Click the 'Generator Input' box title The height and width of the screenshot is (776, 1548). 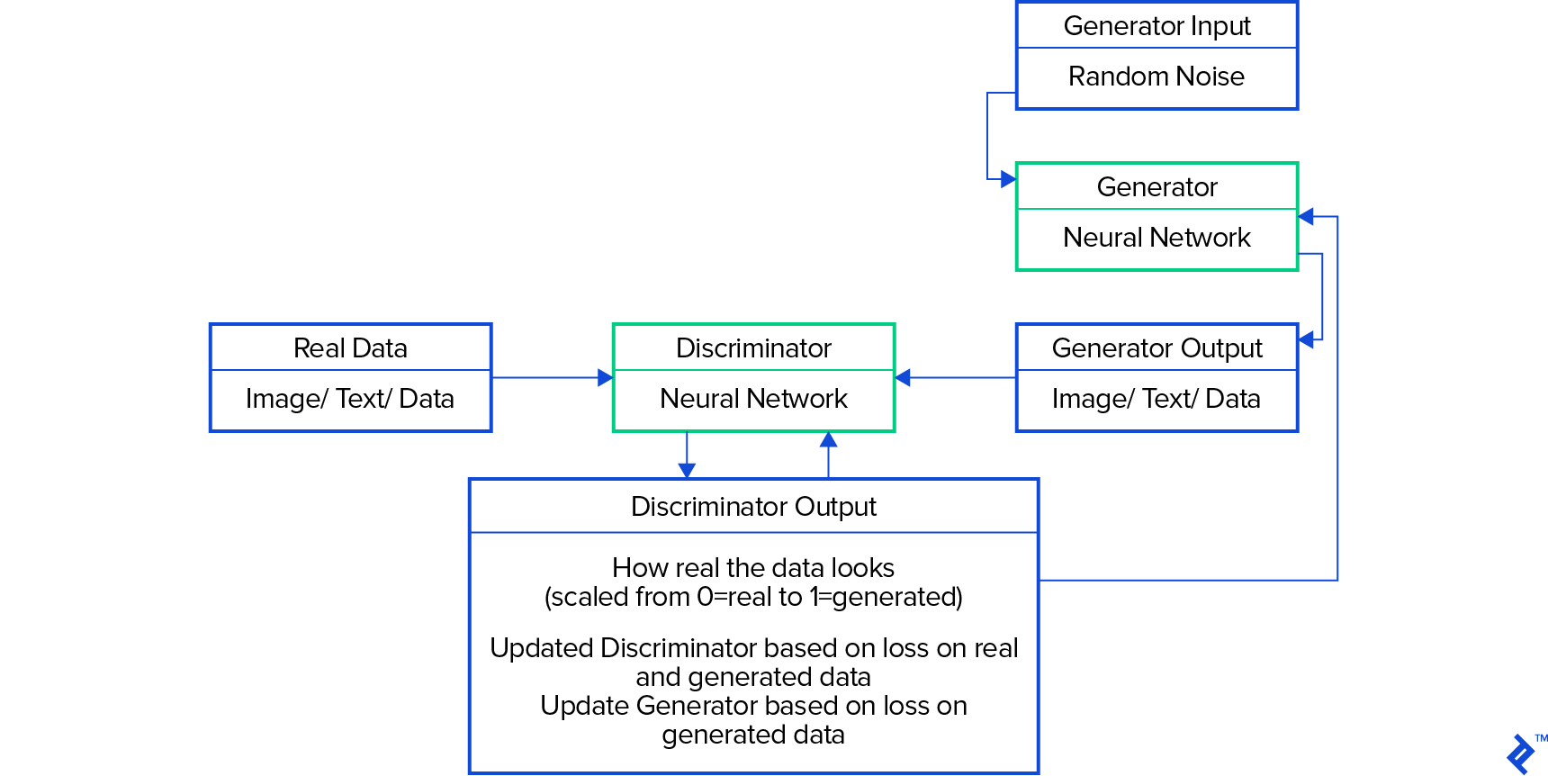click(1156, 26)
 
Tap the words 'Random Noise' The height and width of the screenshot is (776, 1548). click(1156, 77)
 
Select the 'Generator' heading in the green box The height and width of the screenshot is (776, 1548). click(1156, 187)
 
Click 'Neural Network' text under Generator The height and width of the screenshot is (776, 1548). click(1156, 238)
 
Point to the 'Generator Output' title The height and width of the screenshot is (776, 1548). click(1156, 348)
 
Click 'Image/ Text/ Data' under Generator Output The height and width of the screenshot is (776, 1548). click(1156, 399)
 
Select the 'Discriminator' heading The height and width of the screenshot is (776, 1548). click(753, 348)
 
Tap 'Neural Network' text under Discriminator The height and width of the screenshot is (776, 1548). click(753, 399)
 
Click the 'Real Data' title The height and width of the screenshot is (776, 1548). click(350, 348)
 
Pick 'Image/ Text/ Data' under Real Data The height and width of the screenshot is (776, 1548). click(350, 399)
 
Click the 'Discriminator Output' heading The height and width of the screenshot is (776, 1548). click(753, 507)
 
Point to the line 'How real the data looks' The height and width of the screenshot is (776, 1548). click(753, 568)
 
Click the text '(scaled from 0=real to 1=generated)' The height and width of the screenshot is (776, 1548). click(753, 597)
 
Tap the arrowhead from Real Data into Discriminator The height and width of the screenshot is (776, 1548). click(606, 378)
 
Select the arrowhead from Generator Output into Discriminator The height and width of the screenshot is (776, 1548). click(903, 378)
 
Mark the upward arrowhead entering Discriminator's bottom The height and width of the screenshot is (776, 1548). click(829, 440)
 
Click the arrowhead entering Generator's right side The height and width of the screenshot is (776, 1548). click(1306, 217)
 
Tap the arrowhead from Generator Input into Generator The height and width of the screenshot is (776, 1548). click(1008, 180)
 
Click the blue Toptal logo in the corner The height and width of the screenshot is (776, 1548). click(1522, 753)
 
